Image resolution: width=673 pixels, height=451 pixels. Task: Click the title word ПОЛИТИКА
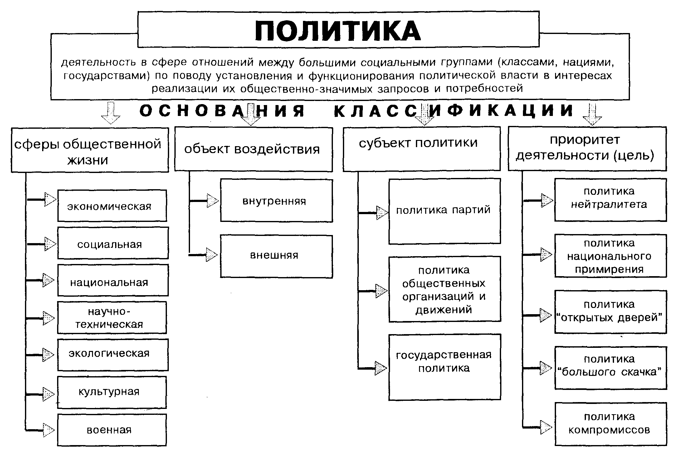point(338,31)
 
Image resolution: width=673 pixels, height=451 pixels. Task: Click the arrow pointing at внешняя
point(212,255)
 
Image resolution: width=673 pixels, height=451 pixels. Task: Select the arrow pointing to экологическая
point(48,355)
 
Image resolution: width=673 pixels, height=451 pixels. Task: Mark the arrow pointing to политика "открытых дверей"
point(545,315)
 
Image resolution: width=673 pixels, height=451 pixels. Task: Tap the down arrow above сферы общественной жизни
point(110,113)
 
